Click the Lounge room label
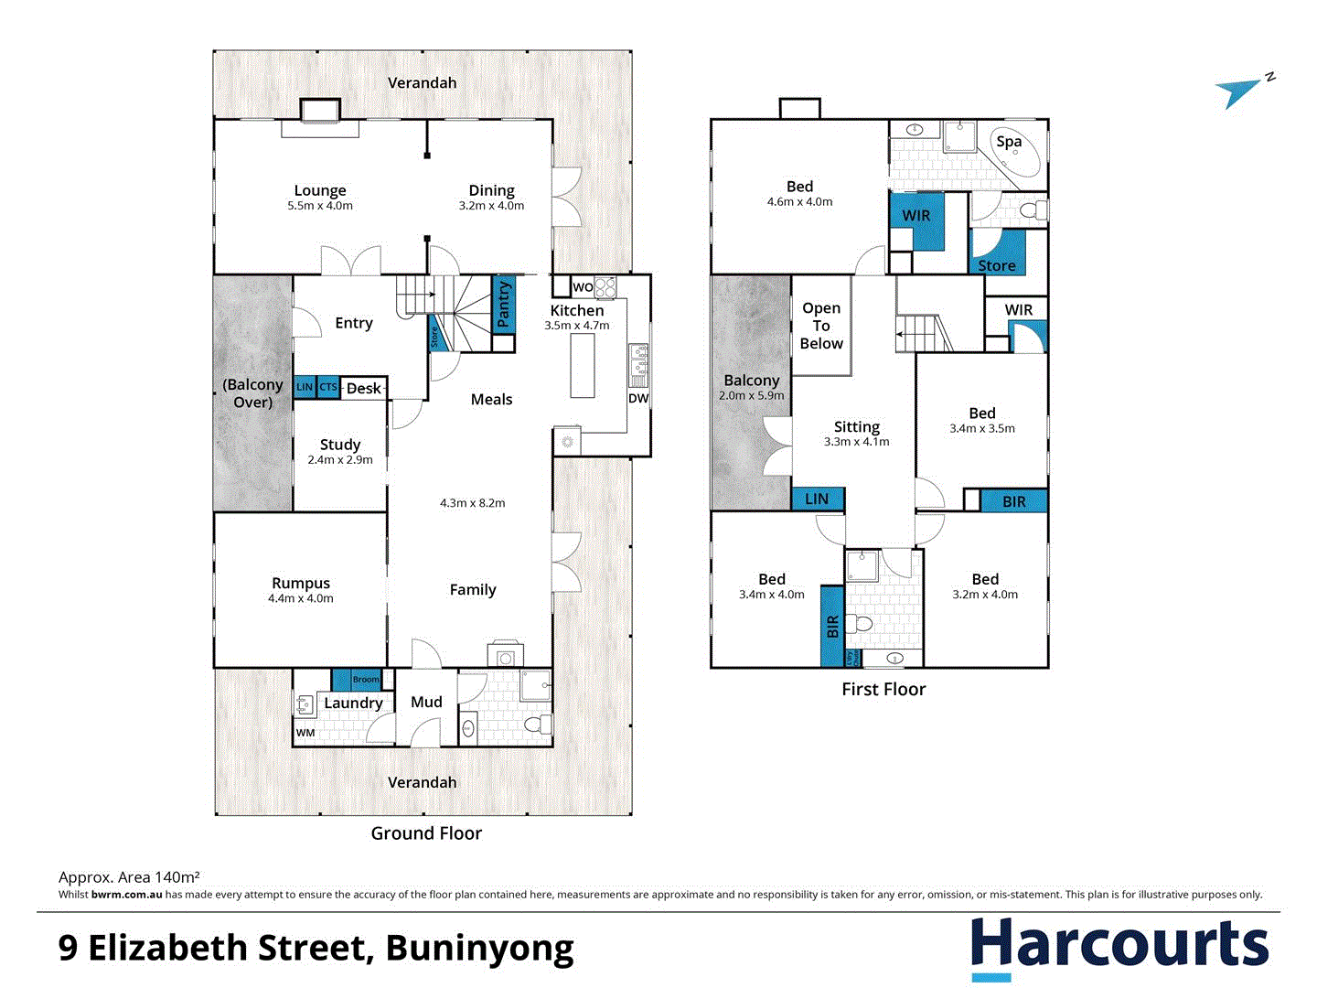pyautogui.click(x=320, y=190)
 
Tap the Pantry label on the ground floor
pyautogui.click(x=503, y=305)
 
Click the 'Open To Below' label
pyautogui.click(x=821, y=326)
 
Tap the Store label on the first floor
pyautogui.click(x=997, y=265)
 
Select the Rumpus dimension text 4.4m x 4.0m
pyautogui.click(x=301, y=598)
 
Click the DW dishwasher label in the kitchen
pyautogui.click(x=638, y=398)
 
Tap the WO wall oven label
pyautogui.click(x=583, y=287)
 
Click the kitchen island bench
pyautogui.click(x=583, y=366)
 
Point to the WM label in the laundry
pyautogui.click(x=305, y=732)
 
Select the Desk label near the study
pyautogui.click(x=363, y=388)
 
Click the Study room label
pyautogui.click(x=340, y=445)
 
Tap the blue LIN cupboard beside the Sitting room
pyautogui.click(x=817, y=499)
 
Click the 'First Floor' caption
pyautogui.click(x=883, y=689)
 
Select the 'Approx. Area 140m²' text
pyautogui.click(x=129, y=876)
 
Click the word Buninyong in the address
pyautogui.click(x=479, y=948)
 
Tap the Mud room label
pyautogui.click(x=426, y=702)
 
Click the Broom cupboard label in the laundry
pyautogui.click(x=366, y=679)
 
